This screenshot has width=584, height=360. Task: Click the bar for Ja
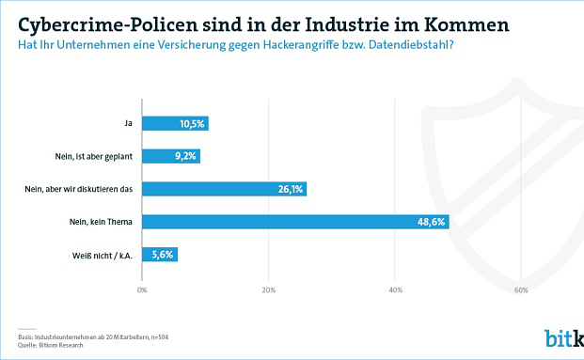(x=175, y=123)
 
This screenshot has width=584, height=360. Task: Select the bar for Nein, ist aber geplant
(x=171, y=156)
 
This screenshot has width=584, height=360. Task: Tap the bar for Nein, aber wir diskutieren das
(x=225, y=189)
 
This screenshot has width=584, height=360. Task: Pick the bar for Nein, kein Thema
(x=295, y=222)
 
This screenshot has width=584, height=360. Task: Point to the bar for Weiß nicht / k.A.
(x=160, y=255)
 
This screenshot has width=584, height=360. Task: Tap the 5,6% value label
(x=165, y=255)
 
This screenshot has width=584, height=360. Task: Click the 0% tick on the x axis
(x=142, y=289)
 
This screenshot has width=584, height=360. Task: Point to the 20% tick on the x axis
(x=269, y=289)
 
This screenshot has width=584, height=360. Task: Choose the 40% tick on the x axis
(x=395, y=289)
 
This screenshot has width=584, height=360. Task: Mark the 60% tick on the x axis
(x=521, y=289)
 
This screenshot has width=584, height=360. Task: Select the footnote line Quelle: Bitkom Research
(x=49, y=344)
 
